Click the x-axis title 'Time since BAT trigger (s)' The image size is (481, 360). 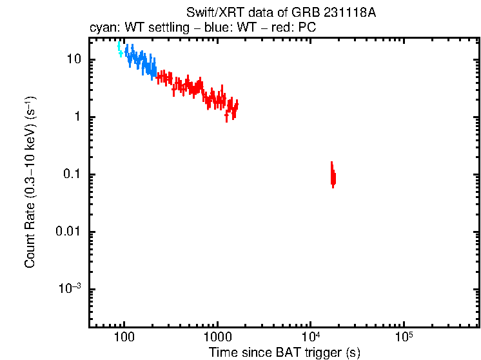pos(284,352)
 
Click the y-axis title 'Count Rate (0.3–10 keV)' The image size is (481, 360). pos(30,182)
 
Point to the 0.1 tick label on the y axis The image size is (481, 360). pos(70,174)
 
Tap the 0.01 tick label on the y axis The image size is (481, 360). pos(67,232)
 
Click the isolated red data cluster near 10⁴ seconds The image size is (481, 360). pos(333,175)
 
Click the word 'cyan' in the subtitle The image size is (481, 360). pos(102,29)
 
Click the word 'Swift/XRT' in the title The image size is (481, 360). pos(209,14)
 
